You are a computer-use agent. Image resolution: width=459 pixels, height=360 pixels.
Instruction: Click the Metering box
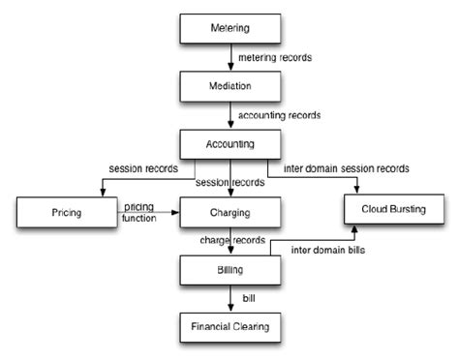[229, 27]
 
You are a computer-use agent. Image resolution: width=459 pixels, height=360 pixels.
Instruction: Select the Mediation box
[229, 85]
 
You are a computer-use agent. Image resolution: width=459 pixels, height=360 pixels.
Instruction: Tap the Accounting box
[229, 144]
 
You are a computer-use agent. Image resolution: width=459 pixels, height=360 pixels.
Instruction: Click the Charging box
[229, 211]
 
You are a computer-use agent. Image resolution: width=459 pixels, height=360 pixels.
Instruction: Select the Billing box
[229, 270]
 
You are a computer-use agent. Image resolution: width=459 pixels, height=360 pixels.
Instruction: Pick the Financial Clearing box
[229, 327]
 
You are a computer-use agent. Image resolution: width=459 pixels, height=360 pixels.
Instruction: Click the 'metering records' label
[276, 57]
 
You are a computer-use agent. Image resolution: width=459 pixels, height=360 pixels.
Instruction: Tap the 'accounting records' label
[280, 115]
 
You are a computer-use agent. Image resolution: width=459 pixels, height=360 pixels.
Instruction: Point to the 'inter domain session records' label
[346, 168]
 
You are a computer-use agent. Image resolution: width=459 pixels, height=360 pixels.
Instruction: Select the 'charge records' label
[232, 238]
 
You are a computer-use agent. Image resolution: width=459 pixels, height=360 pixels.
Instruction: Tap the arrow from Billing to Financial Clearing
[229, 298]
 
